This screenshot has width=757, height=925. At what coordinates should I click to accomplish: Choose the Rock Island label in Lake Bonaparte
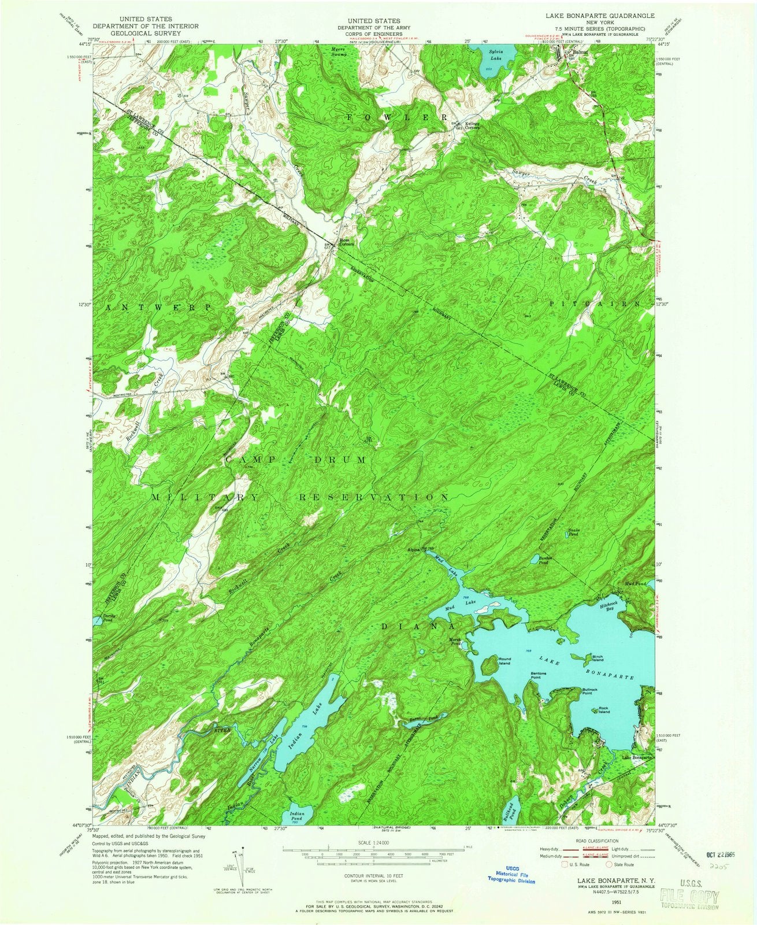coord(603,709)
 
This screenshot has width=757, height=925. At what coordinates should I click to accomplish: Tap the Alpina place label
coord(414,549)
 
